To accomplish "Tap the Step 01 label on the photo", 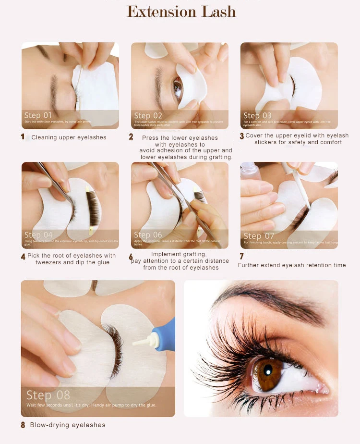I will pos(38,115).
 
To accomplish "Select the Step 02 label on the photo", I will pos(148,115).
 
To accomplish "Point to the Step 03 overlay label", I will pos(257,115).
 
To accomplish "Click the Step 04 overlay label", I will pos(39,235).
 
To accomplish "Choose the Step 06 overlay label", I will pos(148,235).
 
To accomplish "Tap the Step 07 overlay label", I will pos(259,235).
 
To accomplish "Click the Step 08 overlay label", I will pos(48,395).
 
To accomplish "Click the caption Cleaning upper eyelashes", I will pos(69,137).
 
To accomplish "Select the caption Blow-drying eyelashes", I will pos(68,425).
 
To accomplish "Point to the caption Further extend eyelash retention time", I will pos(292,265).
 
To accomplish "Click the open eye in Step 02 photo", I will pos(178,88).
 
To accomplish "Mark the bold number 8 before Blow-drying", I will pos(23,425).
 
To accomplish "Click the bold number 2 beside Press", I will pos(131,137).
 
